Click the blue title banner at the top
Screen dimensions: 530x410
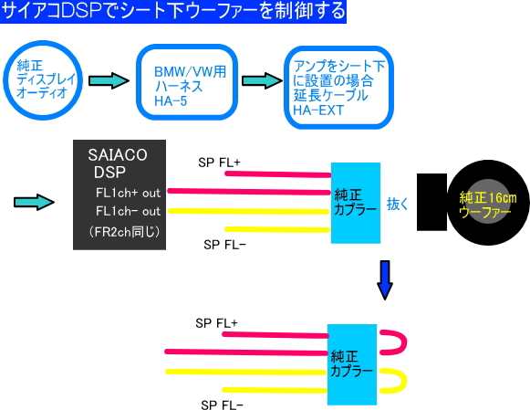click(173, 12)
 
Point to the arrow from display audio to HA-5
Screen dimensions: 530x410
click(109, 81)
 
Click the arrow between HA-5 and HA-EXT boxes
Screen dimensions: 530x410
click(263, 81)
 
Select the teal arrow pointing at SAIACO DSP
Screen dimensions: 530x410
click(34, 203)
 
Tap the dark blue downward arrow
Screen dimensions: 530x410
click(385, 280)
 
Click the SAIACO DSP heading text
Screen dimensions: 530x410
click(118, 163)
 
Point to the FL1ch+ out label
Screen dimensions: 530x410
click(128, 193)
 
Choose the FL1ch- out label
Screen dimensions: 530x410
click(128, 211)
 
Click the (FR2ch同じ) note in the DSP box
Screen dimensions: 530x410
click(124, 232)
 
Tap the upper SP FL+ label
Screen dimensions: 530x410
click(219, 163)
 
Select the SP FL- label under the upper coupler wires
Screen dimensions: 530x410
click(224, 245)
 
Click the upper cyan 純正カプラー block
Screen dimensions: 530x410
click(356, 203)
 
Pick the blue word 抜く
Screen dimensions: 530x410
click(398, 204)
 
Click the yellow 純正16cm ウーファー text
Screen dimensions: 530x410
click(488, 205)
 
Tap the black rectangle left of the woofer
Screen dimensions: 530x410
click(432, 203)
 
